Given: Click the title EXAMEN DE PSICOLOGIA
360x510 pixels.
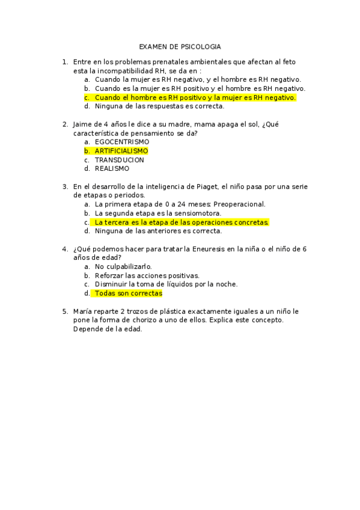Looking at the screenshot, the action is pos(180,46).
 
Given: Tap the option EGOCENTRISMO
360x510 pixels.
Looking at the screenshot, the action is pos(122,142).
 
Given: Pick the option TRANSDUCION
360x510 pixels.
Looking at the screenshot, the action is pos(119,160).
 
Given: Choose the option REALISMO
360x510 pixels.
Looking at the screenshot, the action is pos(112,169).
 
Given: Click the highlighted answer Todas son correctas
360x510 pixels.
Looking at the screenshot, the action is pos(128,293).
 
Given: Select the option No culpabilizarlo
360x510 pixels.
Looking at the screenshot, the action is pos(123,266).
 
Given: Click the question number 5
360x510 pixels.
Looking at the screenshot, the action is pos(64,312).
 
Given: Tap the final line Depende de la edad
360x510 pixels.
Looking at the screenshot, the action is pos(107,329).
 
